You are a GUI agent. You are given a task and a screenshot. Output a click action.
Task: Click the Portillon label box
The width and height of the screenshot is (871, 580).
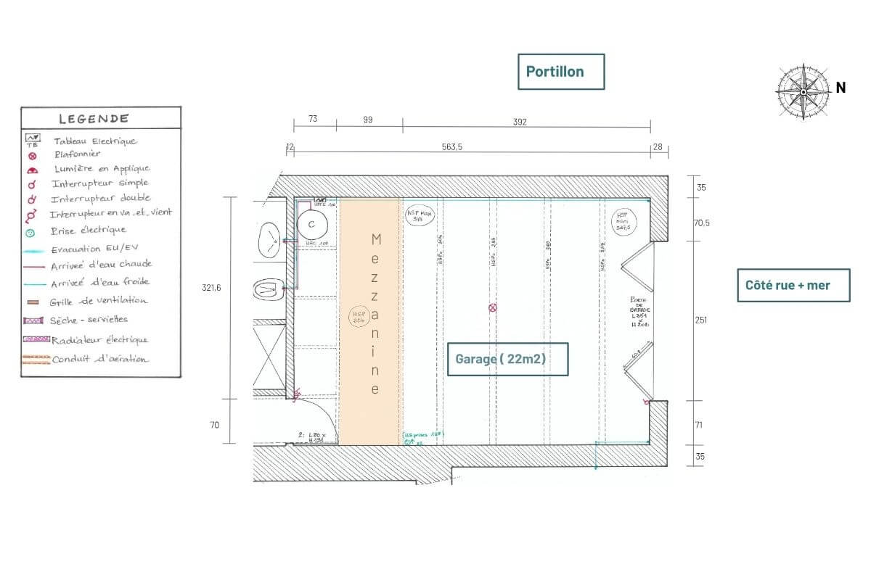coord(560,72)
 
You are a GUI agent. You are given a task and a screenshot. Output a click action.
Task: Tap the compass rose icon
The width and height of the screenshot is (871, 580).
coord(803,91)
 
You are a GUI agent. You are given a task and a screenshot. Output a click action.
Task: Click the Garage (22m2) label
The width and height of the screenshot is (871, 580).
coord(507,358)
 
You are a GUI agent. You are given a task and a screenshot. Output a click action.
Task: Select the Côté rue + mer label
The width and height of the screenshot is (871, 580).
coord(793,285)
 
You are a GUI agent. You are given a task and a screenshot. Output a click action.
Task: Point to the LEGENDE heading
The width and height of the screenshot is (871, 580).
coord(94,119)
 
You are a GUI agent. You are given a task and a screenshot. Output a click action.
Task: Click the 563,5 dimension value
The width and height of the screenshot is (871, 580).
coord(451,147)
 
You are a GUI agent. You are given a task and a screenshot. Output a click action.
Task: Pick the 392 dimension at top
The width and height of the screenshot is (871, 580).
coord(519,121)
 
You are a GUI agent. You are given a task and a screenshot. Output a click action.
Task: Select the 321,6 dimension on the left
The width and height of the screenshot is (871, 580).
coord(212,288)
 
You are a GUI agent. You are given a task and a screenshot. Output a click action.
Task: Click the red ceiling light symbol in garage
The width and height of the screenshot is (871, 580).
coord(493,308)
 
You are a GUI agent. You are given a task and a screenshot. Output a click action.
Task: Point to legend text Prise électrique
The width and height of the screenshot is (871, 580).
coord(89,231)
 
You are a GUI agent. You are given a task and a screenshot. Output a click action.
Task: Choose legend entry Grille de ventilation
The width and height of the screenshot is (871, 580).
coord(99,301)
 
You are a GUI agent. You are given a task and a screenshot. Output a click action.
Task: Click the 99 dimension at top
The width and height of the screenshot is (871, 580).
coord(368,120)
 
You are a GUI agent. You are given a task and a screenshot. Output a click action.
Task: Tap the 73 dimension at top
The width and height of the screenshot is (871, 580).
coord(313,120)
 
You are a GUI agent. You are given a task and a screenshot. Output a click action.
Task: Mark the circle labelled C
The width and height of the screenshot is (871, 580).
coord(311,224)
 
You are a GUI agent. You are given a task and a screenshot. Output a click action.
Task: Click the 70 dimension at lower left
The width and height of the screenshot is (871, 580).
coord(215,425)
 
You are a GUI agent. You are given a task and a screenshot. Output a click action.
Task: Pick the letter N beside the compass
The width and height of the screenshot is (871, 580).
coord(841,88)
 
